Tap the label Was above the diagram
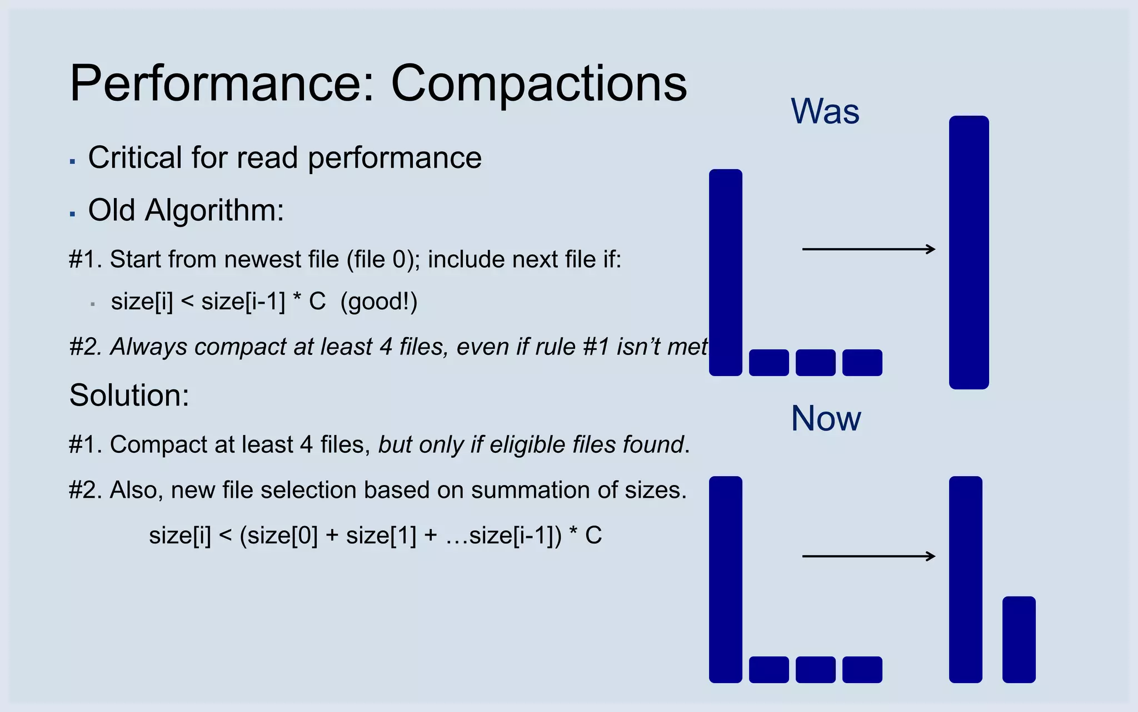pos(825,111)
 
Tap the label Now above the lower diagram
pos(826,418)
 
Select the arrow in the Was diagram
pos(869,249)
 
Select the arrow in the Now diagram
pos(869,556)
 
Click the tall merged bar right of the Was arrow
pos(969,252)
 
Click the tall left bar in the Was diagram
pos(726,273)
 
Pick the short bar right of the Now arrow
pos(1019,639)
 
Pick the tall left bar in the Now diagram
pos(726,579)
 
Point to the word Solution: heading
pos(129,395)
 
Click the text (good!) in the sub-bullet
pos(378,302)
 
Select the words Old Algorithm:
pos(186,210)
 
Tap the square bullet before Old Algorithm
pos(72,214)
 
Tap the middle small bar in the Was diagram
pos(815,363)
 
